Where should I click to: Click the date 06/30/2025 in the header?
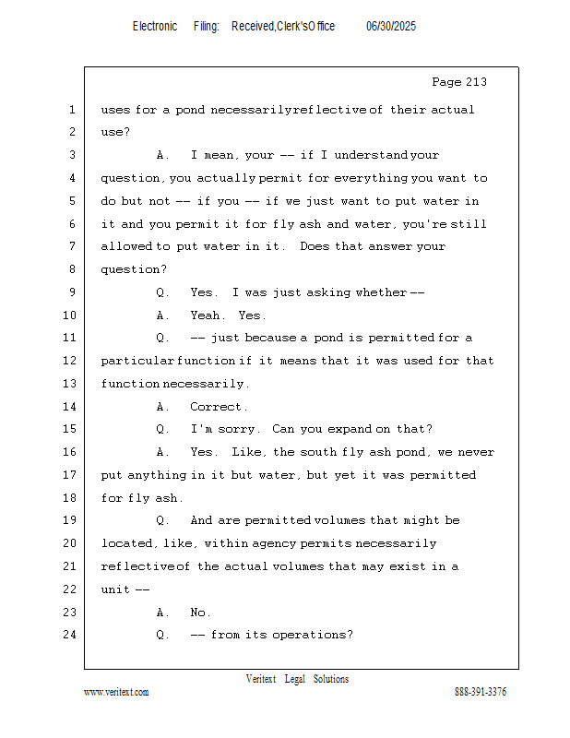(x=391, y=27)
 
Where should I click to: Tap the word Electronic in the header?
(x=155, y=27)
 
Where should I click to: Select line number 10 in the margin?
(x=70, y=315)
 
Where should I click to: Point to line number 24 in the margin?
(x=70, y=635)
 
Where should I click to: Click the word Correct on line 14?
(x=216, y=407)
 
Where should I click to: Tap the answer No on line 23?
(x=198, y=613)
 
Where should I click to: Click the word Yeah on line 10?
(x=206, y=315)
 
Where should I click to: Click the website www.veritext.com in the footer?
(x=116, y=692)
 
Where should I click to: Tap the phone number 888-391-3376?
(x=481, y=692)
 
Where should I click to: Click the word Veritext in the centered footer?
(x=261, y=679)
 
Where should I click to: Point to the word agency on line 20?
(x=272, y=544)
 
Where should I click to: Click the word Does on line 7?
(x=315, y=246)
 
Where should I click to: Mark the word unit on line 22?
(x=115, y=589)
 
